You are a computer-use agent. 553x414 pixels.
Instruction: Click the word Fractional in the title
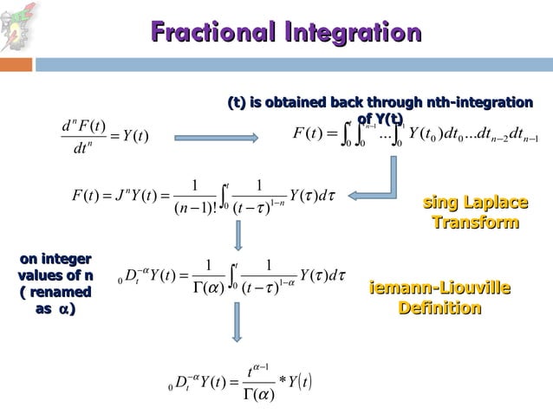pos(209,34)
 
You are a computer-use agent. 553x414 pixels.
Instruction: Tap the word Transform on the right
pos(475,223)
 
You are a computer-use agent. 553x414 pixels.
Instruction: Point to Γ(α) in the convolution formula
pos(258,397)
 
